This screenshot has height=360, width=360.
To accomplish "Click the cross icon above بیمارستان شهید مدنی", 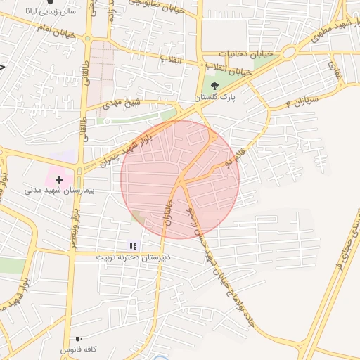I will (59, 180).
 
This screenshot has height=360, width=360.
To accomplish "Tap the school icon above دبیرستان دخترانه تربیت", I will (133, 246).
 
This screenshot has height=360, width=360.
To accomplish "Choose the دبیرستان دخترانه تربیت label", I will (132, 257).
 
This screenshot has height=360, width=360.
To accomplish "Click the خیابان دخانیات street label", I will (243, 53).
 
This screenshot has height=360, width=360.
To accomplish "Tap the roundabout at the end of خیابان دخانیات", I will (288, 53).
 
